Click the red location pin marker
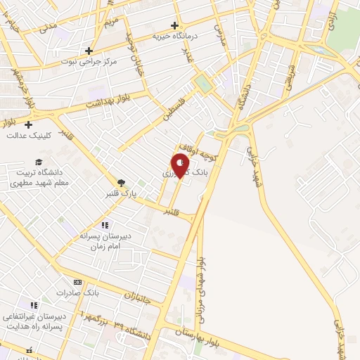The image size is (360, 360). point(181,166)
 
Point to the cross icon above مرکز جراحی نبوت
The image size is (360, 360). point(89,51)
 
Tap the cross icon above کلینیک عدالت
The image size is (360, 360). point(28,124)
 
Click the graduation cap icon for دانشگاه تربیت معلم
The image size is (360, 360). point(39,162)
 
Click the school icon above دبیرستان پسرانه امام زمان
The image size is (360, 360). point(105,225)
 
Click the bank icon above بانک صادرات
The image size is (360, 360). point(77,281)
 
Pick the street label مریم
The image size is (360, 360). point(112,22)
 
